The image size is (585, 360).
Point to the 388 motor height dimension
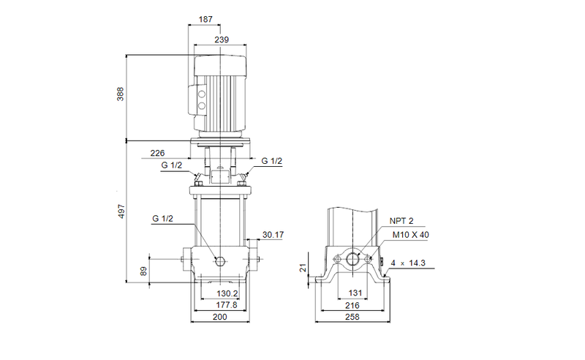coord(121,95)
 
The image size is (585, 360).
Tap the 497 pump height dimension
coord(121,211)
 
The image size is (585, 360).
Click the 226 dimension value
coord(157,153)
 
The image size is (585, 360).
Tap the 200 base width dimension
coord(220,317)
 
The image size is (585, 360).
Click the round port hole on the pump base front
coord(220,261)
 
